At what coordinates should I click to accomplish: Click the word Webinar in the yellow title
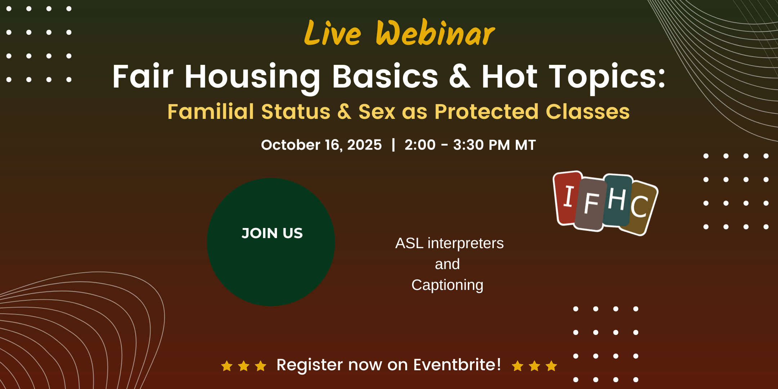pyautogui.click(x=435, y=33)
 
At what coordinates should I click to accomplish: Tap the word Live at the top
pyautogui.click(x=332, y=33)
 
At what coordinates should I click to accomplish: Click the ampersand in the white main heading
pyautogui.click(x=460, y=76)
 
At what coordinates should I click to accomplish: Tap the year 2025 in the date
pyautogui.click(x=364, y=145)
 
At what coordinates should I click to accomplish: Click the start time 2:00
pyautogui.click(x=420, y=145)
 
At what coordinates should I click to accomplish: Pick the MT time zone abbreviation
pyautogui.click(x=526, y=145)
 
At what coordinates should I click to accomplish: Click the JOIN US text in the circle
pyautogui.click(x=272, y=233)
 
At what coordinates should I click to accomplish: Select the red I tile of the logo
pyautogui.click(x=568, y=198)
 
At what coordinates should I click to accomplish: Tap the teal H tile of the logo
pyautogui.click(x=617, y=200)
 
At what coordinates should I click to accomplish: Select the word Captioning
pyautogui.click(x=447, y=285)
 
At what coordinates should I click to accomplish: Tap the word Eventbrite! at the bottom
pyautogui.click(x=457, y=365)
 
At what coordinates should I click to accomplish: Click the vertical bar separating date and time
pyautogui.click(x=393, y=145)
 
